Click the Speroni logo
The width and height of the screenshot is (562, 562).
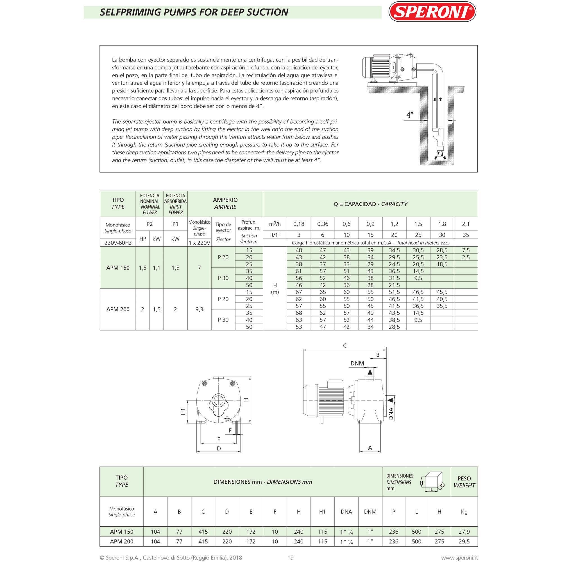click(x=432, y=12)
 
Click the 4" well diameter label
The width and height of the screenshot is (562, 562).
click(x=410, y=115)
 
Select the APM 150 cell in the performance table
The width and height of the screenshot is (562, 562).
click(x=118, y=268)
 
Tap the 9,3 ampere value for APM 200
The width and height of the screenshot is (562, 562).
click(x=199, y=309)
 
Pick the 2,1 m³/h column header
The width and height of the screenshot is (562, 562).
click(x=466, y=224)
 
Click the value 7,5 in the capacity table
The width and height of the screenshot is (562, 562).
click(x=466, y=250)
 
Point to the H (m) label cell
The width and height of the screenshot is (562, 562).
click(x=275, y=289)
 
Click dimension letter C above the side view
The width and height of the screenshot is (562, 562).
click(x=345, y=346)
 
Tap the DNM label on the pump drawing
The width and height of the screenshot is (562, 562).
click(x=357, y=363)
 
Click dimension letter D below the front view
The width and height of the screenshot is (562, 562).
click(x=219, y=448)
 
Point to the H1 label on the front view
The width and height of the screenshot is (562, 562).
click(x=183, y=412)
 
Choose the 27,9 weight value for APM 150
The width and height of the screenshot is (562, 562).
click(x=464, y=532)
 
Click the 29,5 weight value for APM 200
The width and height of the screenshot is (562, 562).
click(x=464, y=541)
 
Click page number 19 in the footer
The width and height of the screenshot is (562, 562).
click(x=290, y=558)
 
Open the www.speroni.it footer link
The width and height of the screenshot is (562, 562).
click(x=459, y=558)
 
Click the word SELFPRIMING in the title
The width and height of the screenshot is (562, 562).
click(x=131, y=12)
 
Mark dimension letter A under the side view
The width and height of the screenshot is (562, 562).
click(x=370, y=448)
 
